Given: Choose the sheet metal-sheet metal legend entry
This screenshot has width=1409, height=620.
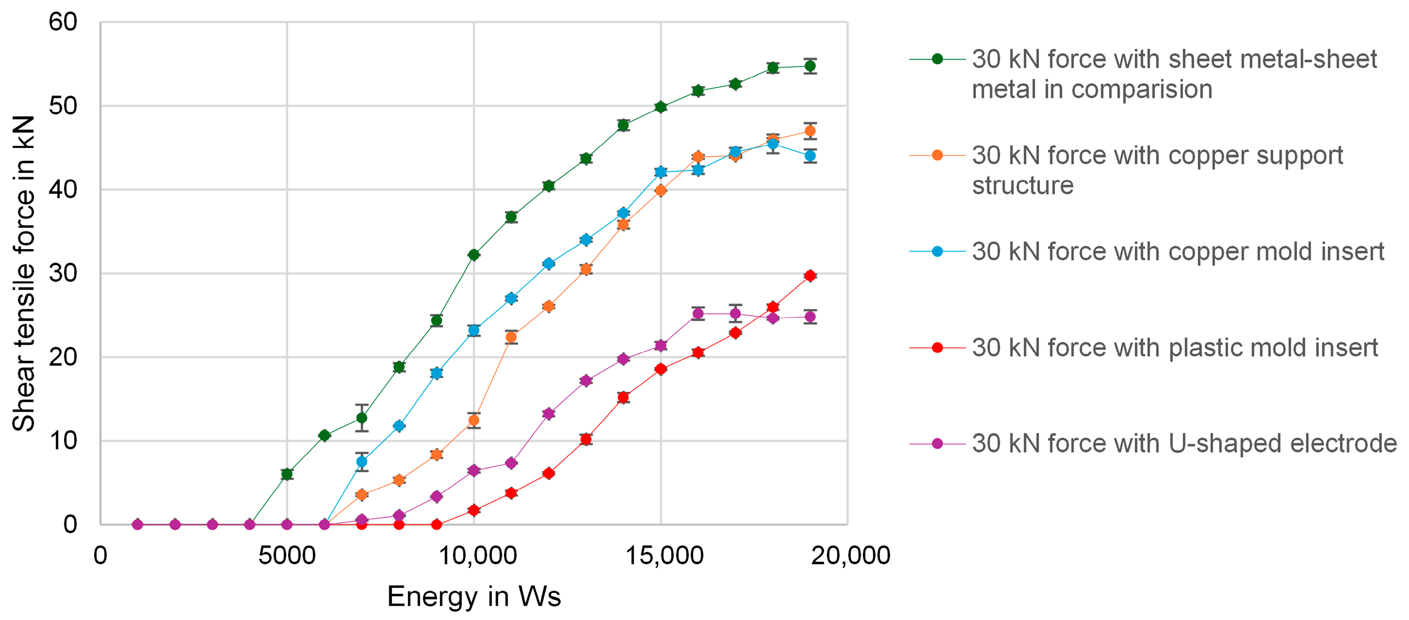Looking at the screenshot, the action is tap(1143, 74).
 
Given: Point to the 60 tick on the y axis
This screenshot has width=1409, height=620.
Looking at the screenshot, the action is tap(63, 23).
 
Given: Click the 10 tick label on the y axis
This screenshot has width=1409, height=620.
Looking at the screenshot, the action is tap(63, 441).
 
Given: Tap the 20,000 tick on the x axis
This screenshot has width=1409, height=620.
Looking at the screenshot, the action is tap(851, 555).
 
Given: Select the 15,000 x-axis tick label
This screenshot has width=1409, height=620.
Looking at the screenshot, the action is tap(664, 555).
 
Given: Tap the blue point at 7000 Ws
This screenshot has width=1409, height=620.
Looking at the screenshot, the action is tap(361, 462).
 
